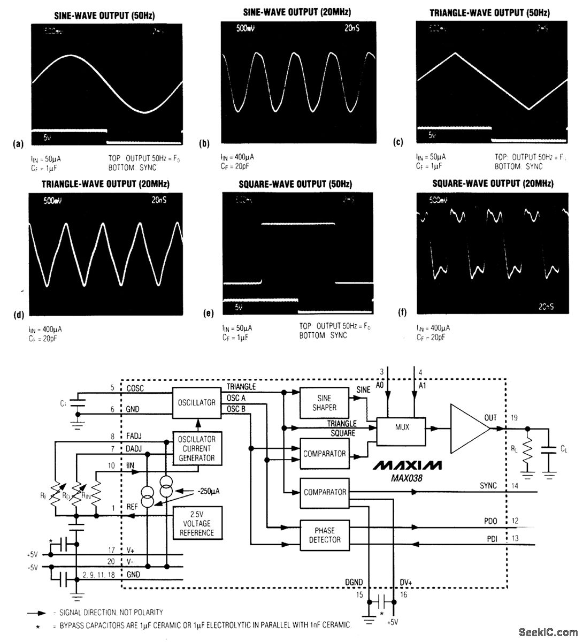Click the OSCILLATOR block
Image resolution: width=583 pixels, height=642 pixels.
point(196,402)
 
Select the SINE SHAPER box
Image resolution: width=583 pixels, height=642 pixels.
point(324,402)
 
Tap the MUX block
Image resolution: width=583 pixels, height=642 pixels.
point(402,427)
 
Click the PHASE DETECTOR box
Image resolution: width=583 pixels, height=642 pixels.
point(324,534)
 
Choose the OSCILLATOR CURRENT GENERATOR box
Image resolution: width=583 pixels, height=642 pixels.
point(196,448)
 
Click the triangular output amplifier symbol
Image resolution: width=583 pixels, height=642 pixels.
point(469,427)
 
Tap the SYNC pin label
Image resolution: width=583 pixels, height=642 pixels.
point(488,485)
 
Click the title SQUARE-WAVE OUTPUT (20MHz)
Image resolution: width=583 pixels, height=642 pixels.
point(493,184)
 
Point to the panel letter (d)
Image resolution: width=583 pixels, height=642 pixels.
point(19,315)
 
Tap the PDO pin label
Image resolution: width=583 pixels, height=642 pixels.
point(490,521)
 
